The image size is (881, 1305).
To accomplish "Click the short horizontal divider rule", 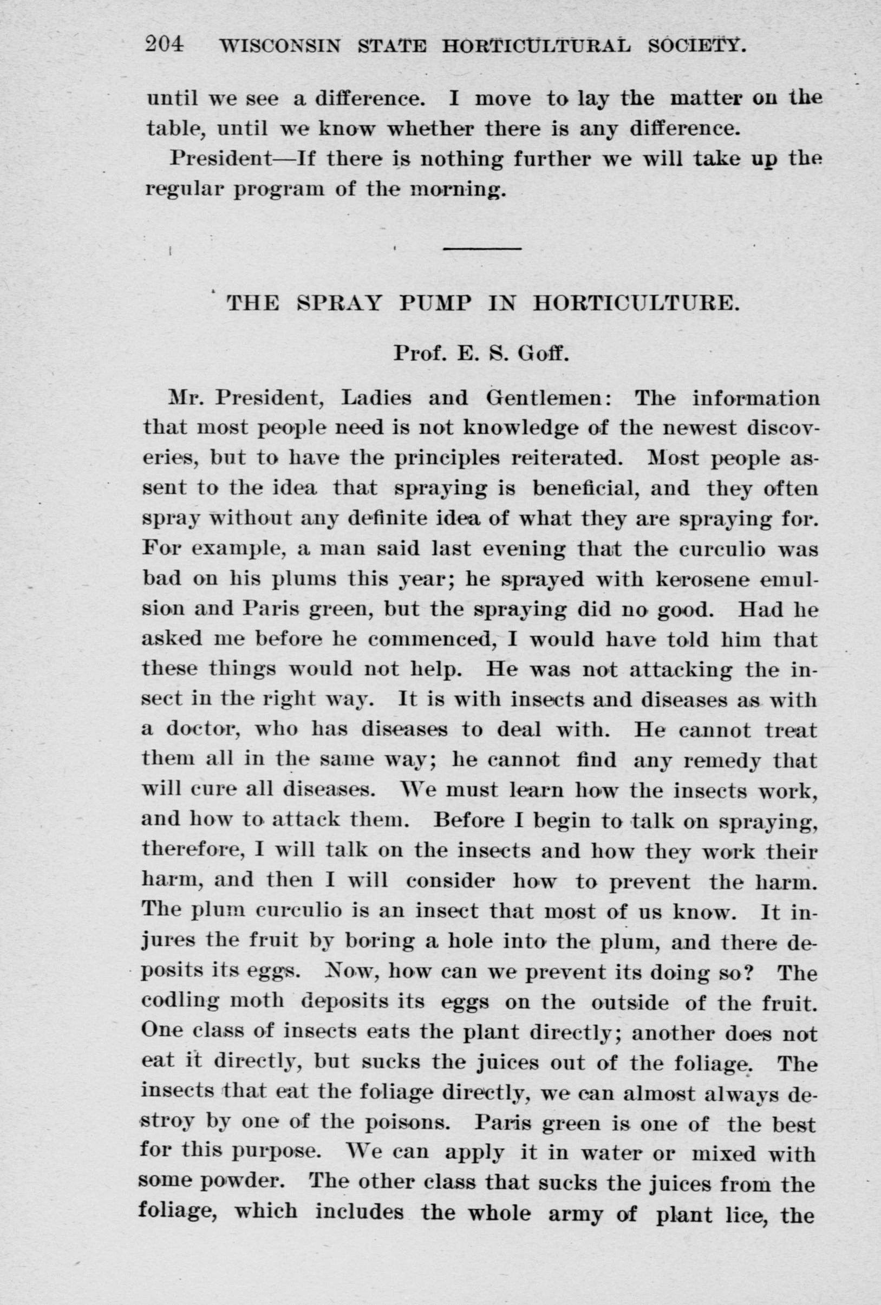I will (x=482, y=247).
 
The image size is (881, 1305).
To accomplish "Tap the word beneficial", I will (x=578, y=488).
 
